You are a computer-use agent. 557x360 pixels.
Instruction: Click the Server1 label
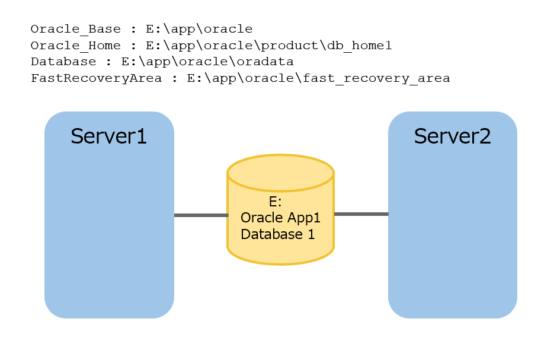coord(108,136)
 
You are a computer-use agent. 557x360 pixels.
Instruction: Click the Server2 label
coord(452,136)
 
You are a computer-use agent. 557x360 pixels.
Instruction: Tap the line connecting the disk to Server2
coord(361,214)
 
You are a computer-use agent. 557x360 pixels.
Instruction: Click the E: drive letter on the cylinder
coord(276,202)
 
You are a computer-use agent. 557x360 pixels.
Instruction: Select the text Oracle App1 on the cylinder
coord(280,218)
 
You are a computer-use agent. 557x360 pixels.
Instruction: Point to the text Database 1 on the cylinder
coord(277,234)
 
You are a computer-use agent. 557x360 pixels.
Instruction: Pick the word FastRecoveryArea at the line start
coord(95,78)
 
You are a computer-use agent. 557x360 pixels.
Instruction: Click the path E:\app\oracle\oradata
coord(207,62)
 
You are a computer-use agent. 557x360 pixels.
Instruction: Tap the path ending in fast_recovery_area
coord(318,78)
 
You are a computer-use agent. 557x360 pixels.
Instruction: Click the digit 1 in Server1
coord(142,136)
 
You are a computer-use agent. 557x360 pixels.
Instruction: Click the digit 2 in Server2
coord(485,136)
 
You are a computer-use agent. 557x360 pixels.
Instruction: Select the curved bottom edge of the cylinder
coord(280,263)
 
